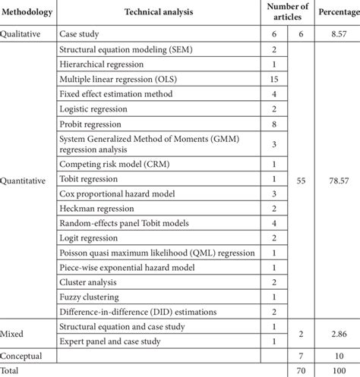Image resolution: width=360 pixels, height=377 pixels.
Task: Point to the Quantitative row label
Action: click(28, 181)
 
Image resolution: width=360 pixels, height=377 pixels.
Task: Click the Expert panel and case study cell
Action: click(122, 340)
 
